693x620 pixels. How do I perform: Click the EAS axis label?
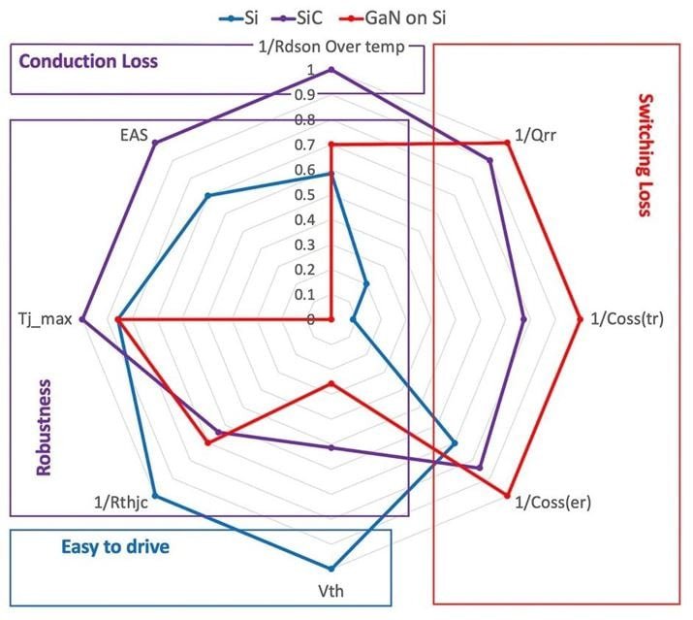coord(135,136)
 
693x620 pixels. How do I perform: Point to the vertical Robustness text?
coord(42,427)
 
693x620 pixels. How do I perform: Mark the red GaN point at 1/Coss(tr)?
coord(580,319)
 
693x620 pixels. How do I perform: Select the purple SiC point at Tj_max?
coord(82,319)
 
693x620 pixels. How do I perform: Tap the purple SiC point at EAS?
coord(155,143)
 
